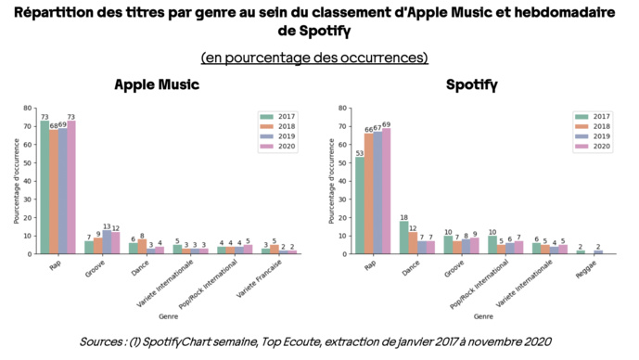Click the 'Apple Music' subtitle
point(157,84)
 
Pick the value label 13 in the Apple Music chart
point(107,226)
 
